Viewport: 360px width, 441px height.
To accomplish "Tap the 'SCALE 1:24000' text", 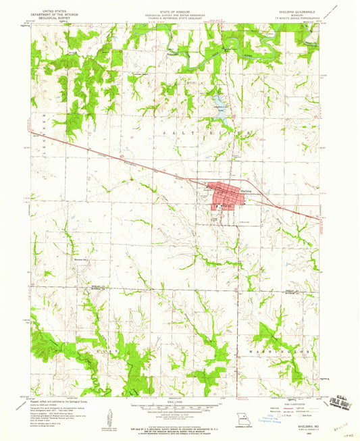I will [x=178, y=401].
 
